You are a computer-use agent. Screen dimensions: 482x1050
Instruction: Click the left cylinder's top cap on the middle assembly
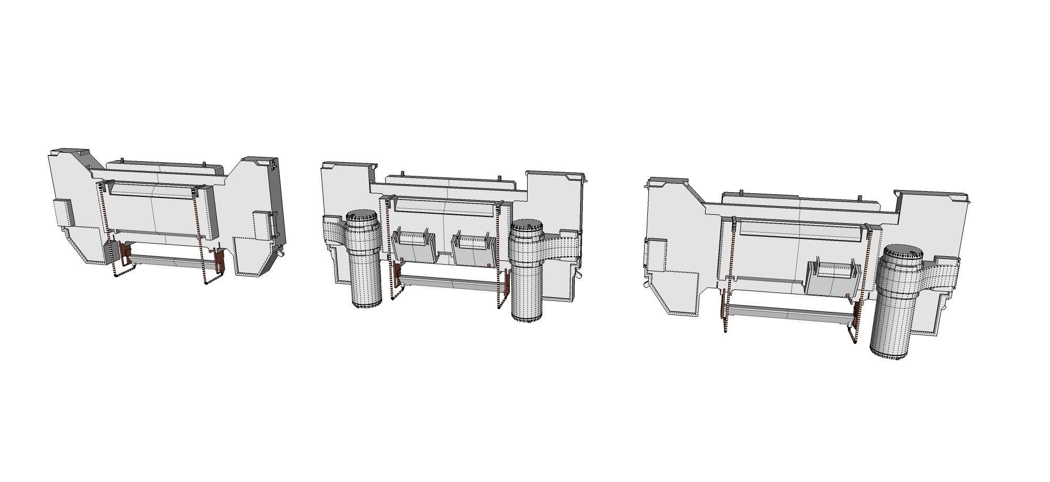click(x=362, y=216)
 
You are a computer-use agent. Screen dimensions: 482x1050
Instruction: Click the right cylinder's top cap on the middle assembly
click(x=527, y=228)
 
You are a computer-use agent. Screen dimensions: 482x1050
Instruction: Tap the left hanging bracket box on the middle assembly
click(x=415, y=245)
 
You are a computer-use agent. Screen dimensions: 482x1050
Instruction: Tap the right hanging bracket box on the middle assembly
click(x=474, y=248)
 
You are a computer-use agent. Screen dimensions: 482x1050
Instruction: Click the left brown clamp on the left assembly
click(x=125, y=254)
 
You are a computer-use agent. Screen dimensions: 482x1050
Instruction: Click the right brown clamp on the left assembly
click(x=220, y=260)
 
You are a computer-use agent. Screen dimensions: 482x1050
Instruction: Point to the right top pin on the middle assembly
click(x=499, y=177)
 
